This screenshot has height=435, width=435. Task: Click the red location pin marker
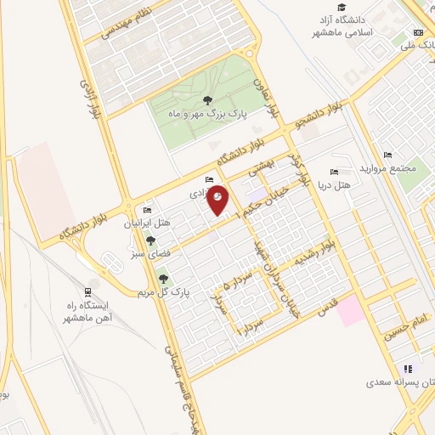point(218,200)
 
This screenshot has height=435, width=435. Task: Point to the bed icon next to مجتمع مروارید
point(388,155)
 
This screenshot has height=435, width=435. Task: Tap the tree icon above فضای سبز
point(150,241)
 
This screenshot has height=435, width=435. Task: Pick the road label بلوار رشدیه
point(316,253)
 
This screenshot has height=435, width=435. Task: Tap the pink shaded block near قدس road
point(348,310)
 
